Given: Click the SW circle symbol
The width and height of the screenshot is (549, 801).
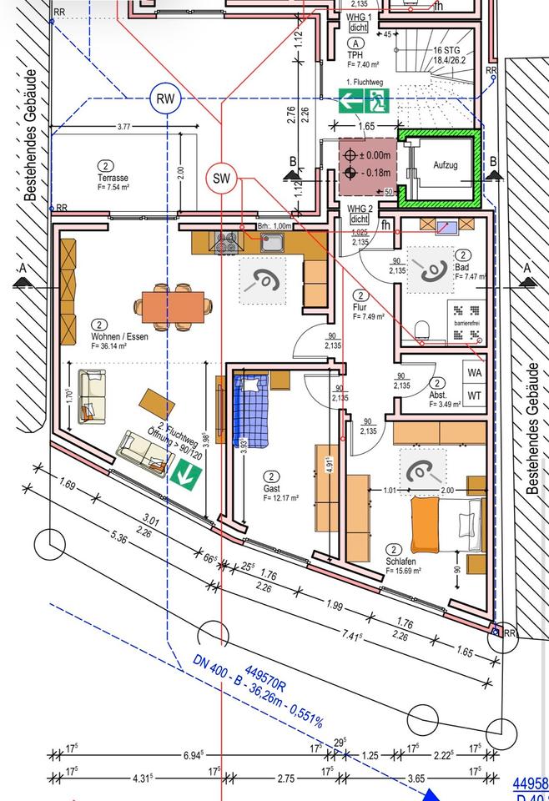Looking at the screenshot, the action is pos(221,178).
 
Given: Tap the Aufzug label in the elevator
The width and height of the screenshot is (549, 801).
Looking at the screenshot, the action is pos(446,165).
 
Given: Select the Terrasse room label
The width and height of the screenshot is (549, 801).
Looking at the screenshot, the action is pos(112,178).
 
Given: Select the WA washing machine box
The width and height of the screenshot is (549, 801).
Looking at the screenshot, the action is pos(474,372).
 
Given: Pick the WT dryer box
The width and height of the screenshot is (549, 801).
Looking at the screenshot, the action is pos(474,394).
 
